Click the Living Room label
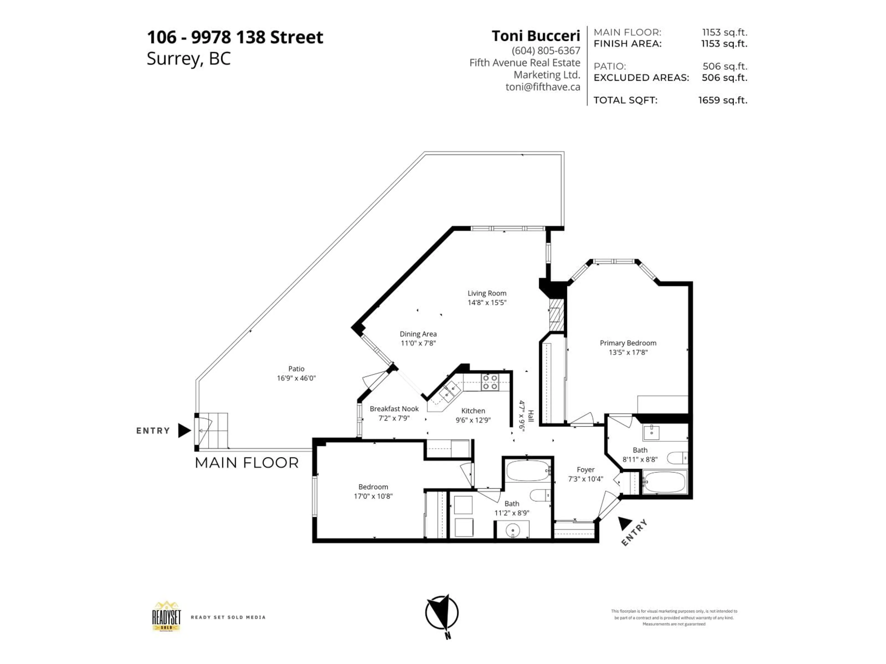(x=487, y=293)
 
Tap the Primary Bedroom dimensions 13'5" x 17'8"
(x=628, y=353)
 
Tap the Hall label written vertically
(x=531, y=416)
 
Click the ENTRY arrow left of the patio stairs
(x=184, y=431)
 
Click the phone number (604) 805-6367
(x=545, y=50)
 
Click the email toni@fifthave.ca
(x=542, y=87)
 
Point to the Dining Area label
(x=418, y=334)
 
